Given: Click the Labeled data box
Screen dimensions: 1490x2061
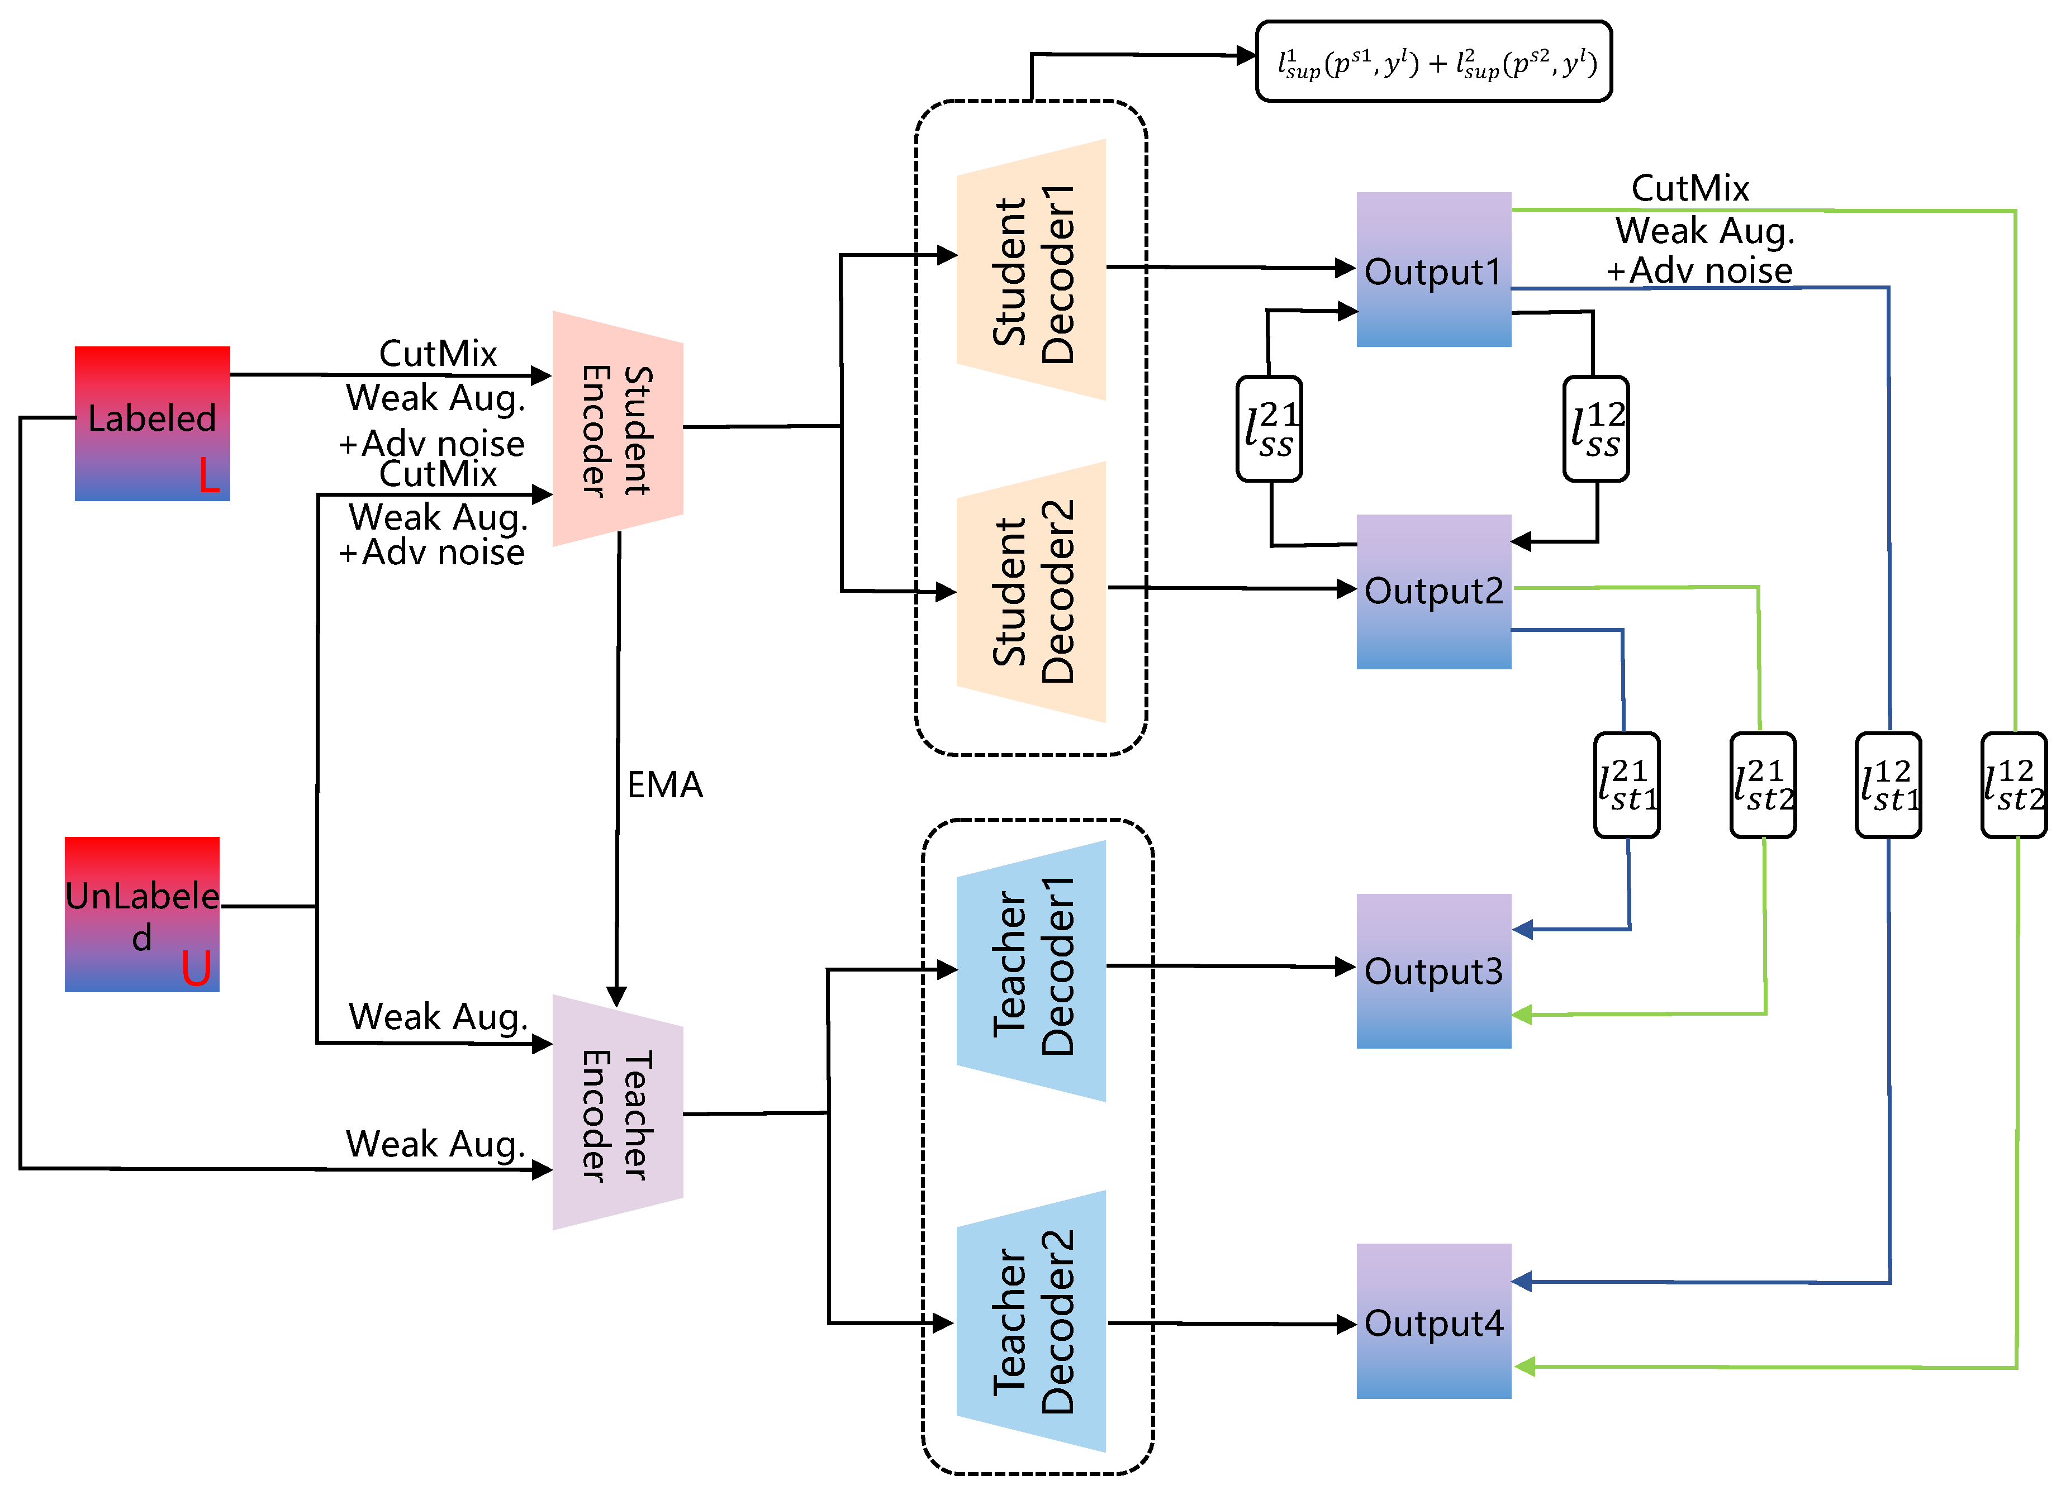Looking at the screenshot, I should pyautogui.click(x=152, y=422).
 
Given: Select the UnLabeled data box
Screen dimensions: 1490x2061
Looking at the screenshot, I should pyautogui.click(x=142, y=913).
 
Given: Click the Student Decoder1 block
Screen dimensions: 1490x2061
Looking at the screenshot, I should pyautogui.click(x=1032, y=270).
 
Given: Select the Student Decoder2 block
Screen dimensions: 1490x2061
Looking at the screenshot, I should pyautogui.click(x=1032, y=592).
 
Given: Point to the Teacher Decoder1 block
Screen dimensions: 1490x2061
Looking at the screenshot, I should pyautogui.click(x=1032, y=970).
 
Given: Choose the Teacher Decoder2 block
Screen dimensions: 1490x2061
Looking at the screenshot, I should pyautogui.click(x=1032, y=1322).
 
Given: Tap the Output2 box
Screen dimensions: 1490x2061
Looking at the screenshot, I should pyautogui.click(x=1433, y=592).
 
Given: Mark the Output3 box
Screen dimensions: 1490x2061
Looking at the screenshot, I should pyautogui.click(x=1433, y=970).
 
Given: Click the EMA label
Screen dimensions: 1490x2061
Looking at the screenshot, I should pyautogui.click(x=665, y=784).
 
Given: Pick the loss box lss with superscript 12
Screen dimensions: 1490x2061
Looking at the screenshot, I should pyautogui.click(x=1595, y=429).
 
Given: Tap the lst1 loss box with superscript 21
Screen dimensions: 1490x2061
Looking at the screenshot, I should pyautogui.click(x=1627, y=785).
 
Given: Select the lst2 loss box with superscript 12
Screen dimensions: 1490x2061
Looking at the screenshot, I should pyautogui.click(x=2013, y=785).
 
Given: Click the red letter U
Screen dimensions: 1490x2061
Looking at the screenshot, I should pyautogui.click(x=196, y=968).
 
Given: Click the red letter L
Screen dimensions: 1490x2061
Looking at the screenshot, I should pyautogui.click(x=209, y=475).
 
